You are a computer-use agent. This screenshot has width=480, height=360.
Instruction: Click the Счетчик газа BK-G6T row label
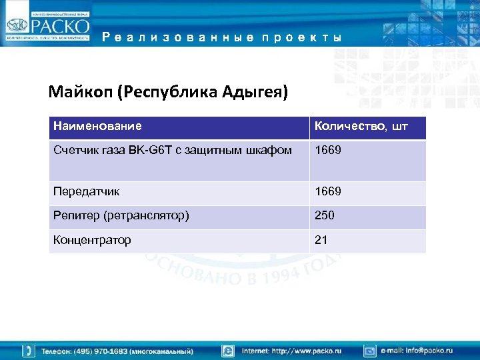pyautogui.click(x=173, y=151)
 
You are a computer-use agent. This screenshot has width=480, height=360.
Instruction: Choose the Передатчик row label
pyautogui.click(x=87, y=191)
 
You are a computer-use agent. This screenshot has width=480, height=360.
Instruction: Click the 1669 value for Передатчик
pyautogui.click(x=328, y=191)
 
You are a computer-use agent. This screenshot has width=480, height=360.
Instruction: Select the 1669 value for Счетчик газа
pyautogui.click(x=328, y=151)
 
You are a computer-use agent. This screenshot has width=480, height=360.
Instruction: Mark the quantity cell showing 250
pyautogui.click(x=325, y=216)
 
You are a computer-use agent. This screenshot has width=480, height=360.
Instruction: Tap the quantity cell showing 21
pyautogui.click(x=321, y=240)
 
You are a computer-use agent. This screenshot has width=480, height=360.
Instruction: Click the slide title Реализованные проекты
pyautogui.click(x=223, y=38)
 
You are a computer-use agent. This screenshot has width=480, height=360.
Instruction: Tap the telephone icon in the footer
pyautogui.click(x=29, y=351)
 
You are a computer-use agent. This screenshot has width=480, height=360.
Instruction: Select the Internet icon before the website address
pyautogui.click(x=228, y=351)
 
